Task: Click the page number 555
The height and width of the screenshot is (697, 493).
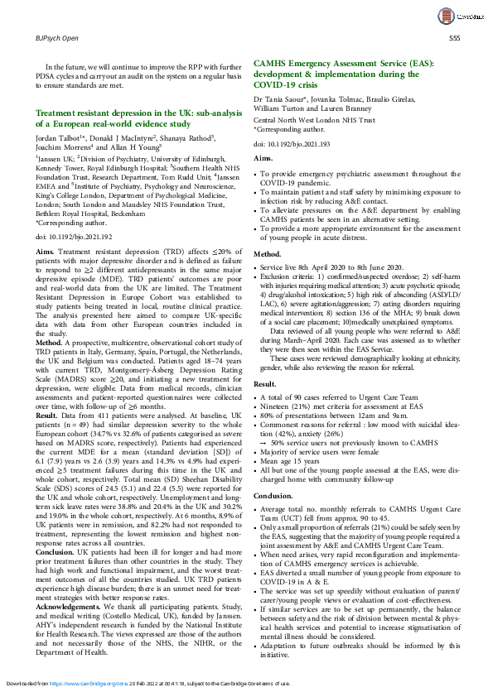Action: coord(454,38)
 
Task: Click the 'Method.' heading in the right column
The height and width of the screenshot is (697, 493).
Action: coord(268,253)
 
